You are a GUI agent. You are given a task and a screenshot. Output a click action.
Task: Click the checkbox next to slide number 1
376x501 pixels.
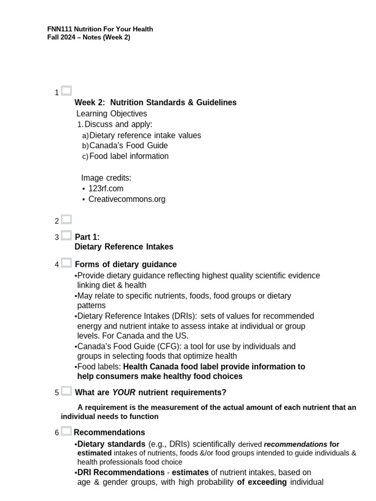[x=67, y=91]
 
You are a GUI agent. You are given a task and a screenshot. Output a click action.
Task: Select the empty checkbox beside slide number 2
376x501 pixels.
[x=67, y=219]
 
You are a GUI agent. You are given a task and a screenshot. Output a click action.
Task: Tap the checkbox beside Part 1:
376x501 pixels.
[x=67, y=235]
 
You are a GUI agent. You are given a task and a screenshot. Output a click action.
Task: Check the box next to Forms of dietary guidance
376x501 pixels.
[x=67, y=263]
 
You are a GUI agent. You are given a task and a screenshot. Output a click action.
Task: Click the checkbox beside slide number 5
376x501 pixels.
[x=67, y=391]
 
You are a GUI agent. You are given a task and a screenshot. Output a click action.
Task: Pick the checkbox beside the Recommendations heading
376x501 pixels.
[x=67, y=431]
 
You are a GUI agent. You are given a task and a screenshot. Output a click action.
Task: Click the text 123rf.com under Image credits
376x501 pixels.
[x=106, y=188]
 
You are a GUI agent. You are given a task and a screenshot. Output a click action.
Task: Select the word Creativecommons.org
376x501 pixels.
[x=127, y=199]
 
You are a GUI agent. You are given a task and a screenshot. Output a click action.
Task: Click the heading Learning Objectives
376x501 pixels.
[x=112, y=114]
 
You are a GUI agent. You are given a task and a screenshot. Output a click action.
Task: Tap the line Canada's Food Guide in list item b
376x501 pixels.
[x=129, y=146]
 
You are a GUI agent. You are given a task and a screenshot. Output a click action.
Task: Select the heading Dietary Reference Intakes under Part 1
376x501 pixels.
[x=124, y=247]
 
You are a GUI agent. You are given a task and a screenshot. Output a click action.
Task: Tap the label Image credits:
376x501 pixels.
[x=106, y=178]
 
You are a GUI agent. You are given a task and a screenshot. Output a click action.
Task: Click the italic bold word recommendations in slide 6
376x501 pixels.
[x=295, y=445]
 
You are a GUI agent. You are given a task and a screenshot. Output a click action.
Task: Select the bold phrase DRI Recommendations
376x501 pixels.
[x=121, y=473]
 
